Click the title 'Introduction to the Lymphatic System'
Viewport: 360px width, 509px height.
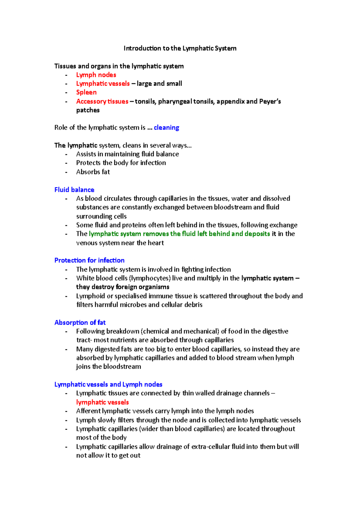point(180,48)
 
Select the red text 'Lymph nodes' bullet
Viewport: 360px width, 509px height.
point(96,75)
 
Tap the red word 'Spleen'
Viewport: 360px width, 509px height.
point(86,92)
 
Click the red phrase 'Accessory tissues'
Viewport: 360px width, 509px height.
point(102,101)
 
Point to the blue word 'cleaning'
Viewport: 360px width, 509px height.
point(166,127)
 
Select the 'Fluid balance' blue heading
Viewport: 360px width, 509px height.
point(74,190)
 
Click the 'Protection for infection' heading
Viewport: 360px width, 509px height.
point(89,260)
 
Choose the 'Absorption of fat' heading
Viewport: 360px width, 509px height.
point(80,323)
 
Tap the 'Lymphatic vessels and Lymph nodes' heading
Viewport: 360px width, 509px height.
point(108,384)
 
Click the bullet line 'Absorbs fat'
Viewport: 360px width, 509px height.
point(93,172)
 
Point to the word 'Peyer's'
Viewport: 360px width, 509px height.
point(270,101)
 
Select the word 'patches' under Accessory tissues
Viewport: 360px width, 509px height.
point(88,110)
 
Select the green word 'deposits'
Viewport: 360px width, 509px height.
point(257,234)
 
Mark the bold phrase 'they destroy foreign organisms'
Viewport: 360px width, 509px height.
point(123,287)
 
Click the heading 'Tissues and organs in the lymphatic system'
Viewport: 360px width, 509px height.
point(119,66)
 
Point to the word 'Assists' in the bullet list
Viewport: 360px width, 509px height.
point(86,154)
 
